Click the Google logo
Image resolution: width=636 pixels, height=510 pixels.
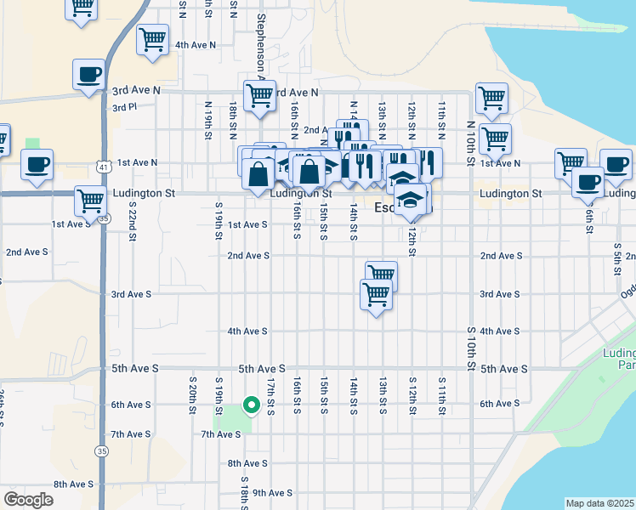(x=28, y=500)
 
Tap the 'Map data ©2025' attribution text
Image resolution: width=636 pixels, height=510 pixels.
(x=599, y=503)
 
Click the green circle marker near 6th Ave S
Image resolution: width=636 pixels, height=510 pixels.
(x=251, y=405)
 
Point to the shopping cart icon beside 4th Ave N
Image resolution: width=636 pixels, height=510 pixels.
(x=152, y=39)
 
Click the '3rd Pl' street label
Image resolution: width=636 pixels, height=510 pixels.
(x=124, y=108)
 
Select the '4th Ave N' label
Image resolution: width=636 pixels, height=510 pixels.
(x=195, y=44)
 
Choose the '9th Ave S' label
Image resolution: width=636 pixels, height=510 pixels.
(x=272, y=492)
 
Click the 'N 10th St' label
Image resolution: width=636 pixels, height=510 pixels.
(x=470, y=137)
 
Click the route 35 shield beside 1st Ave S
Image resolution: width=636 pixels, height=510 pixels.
(x=103, y=218)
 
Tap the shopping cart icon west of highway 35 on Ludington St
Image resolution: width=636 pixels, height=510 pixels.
(x=89, y=201)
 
